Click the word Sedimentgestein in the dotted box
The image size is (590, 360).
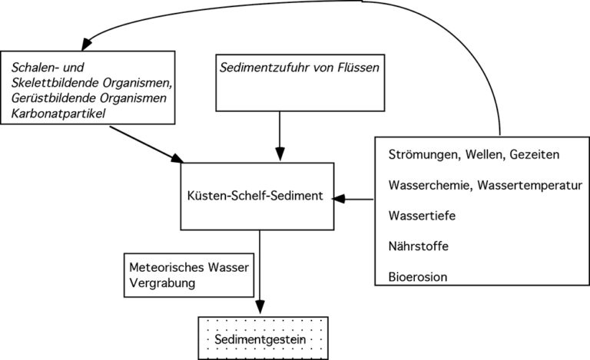[x=260, y=340]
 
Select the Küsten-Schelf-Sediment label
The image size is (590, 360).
[x=255, y=196]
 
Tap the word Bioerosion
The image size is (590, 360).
[x=418, y=277]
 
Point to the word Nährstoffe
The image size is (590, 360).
[x=419, y=246]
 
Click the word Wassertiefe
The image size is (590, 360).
[x=422, y=216]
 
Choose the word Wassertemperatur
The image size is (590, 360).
[x=530, y=185]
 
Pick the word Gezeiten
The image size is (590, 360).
[x=535, y=154]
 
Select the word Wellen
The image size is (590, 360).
[x=486, y=155]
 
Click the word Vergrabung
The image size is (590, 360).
[x=162, y=283]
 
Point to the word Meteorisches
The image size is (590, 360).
[x=167, y=267]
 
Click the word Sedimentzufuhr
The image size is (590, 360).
[x=264, y=68]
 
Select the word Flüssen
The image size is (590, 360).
[x=359, y=68]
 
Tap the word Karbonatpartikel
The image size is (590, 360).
[x=58, y=114]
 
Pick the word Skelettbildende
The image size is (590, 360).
[x=55, y=83]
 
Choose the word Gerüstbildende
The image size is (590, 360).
[x=54, y=98]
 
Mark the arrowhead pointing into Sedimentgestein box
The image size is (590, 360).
[x=260, y=306]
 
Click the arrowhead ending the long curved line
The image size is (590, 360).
[x=87, y=44]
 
